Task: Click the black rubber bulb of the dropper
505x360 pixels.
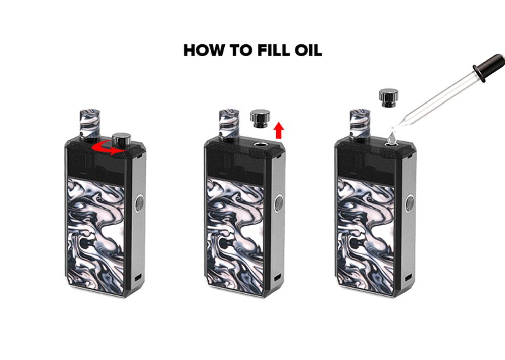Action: pyautogui.click(x=489, y=67)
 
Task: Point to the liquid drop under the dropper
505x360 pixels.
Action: pyautogui.click(x=392, y=138)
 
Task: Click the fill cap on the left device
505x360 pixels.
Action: pyautogui.click(x=121, y=141)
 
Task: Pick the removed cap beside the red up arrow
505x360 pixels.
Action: pyautogui.click(x=260, y=119)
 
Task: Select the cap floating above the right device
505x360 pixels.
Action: pyautogui.click(x=389, y=98)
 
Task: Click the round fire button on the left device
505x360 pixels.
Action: pyautogui.click(x=139, y=203)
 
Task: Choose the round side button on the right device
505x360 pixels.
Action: pyautogui.click(x=410, y=203)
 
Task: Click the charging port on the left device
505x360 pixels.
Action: pyautogui.click(x=138, y=277)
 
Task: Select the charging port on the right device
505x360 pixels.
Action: pyautogui.click(x=408, y=277)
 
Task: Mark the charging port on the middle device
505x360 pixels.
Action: pyautogui.click(x=277, y=277)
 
